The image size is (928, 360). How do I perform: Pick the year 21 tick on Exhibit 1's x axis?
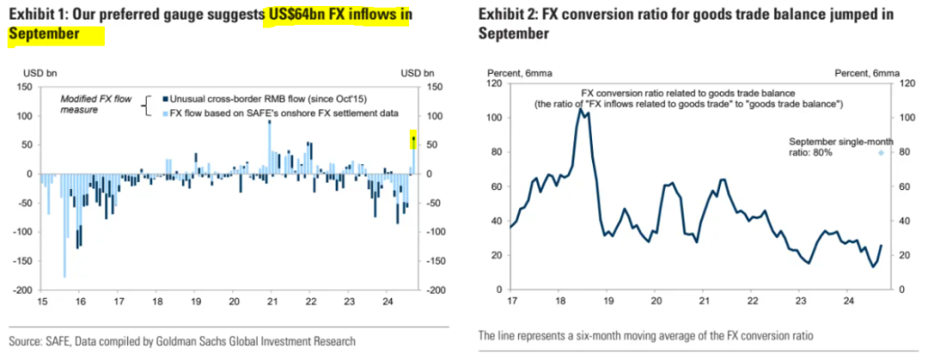(272, 302)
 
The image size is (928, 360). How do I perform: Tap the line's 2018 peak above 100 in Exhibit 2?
(582, 109)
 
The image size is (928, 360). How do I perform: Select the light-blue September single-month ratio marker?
(880, 153)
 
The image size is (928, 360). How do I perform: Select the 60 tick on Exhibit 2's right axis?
(903, 186)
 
